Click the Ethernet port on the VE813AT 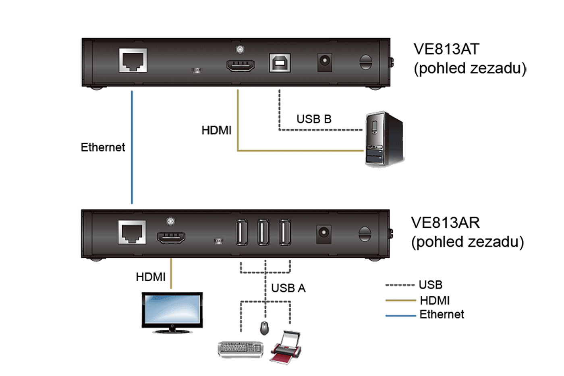(x=133, y=60)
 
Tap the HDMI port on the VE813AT (x=241, y=65)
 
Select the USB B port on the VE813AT (x=280, y=63)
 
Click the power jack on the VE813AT (x=325, y=62)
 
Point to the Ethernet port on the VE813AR (x=132, y=233)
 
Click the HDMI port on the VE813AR (x=171, y=237)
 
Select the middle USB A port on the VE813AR (x=263, y=232)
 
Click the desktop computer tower (x=384, y=139)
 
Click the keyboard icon (x=241, y=349)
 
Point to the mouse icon (x=264, y=328)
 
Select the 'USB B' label (x=314, y=119)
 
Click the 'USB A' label (x=288, y=288)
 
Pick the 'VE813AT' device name (x=446, y=49)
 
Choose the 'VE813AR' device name (x=445, y=223)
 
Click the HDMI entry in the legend (x=434, y=300)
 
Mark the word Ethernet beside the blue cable (x=103, y=147)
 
